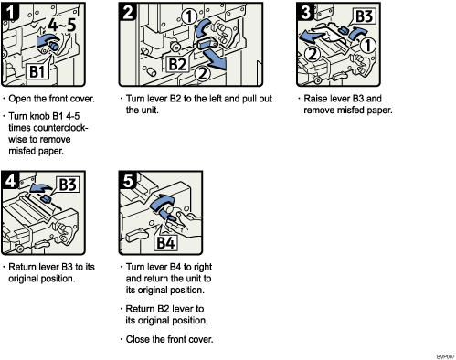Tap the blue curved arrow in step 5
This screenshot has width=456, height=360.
162,202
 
